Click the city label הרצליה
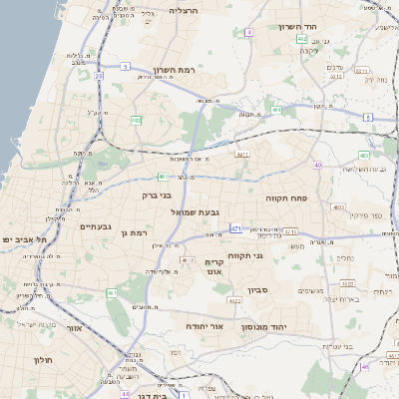184,9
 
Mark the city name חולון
42,359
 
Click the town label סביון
258,292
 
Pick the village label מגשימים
310,290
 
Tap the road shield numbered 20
99,76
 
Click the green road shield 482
136,120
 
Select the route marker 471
235,228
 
